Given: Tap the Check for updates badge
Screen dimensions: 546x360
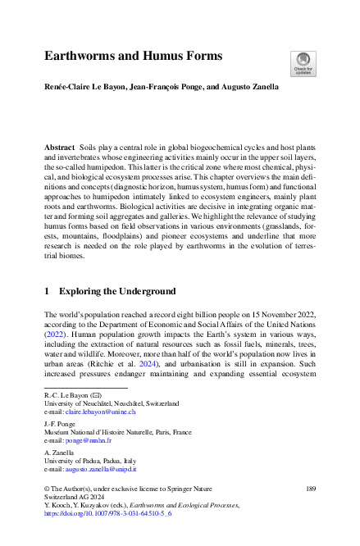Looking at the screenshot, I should (x=302, y=60).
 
